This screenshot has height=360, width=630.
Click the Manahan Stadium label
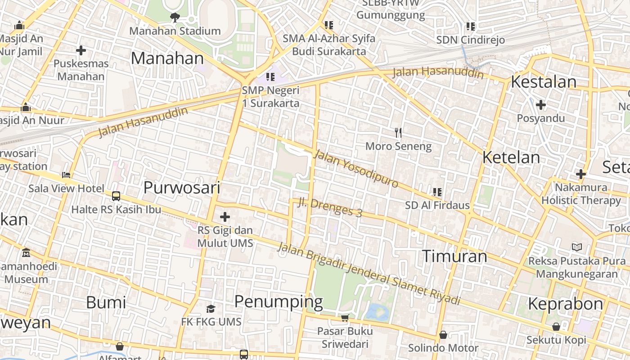tap(175, 31)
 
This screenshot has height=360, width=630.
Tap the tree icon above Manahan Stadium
tap(175, 18)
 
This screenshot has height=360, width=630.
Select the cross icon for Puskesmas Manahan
tap(81, 50)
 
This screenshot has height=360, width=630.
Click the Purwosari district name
tap(182, 188)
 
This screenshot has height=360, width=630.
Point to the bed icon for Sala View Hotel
tap(66, 175)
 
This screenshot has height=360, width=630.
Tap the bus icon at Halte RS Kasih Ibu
tap(116, 196)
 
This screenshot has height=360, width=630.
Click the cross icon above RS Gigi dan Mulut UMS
tap(225, 217)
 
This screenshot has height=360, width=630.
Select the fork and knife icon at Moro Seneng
tap(398, 132)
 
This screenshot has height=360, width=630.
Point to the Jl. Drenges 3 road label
tap(330, 207)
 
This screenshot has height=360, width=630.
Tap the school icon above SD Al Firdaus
tap(437, 192)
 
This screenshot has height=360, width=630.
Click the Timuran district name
tap(454, 256)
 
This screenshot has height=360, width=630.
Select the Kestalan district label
tap(544, 82)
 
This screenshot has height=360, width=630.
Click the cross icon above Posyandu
tap(541, 105)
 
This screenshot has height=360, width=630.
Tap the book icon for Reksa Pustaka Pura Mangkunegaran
tap(576, 247)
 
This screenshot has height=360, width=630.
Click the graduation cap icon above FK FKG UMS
tap(211, 309)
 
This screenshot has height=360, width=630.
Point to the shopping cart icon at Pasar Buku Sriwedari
tap(345, 318)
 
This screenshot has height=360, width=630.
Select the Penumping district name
tap(279, 301)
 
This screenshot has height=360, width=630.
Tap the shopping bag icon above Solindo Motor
tap(443, 335)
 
